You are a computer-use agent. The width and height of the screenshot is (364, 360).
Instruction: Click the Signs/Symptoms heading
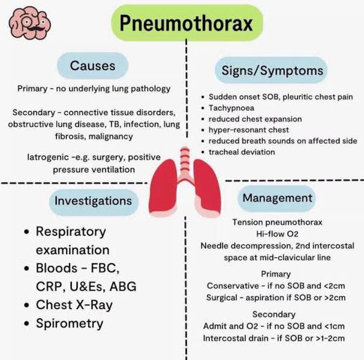pos(272,70)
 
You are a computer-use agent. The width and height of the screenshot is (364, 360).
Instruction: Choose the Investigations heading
pos(93,201)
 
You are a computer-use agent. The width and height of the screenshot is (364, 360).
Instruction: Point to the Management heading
pos(277,197)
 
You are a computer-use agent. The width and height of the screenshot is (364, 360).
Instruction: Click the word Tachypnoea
pos(231,108)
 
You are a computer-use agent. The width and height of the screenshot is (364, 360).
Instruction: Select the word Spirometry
pos(70,323)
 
